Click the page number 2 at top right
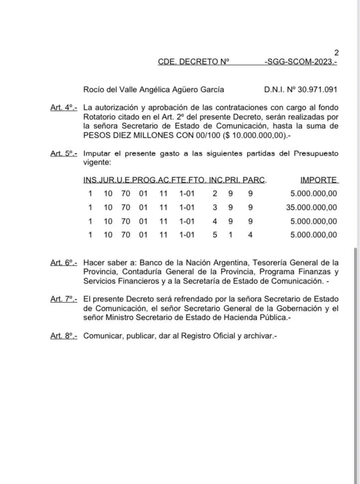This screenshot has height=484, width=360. (x=336, y=52)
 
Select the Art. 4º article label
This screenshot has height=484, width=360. (x=64, y=108)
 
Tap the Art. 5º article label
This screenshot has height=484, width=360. (x=64, y=154)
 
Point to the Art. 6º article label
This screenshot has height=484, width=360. (x=64, y=263)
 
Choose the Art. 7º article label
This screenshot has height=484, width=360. (x=64, y=299)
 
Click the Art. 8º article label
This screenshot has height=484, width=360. (x=64, y=336)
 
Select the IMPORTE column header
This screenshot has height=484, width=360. (x=319, y=180)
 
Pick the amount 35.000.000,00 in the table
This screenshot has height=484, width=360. (x=312, y=207)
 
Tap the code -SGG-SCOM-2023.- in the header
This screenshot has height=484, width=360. (x=302, y=62)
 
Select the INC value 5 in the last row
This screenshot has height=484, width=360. (x=215, y=235)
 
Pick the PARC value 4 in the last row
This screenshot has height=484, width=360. (x=250, y=235)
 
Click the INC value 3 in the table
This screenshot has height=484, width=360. (x=215, y=207)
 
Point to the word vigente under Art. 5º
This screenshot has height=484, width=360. (x=98, y=163)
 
